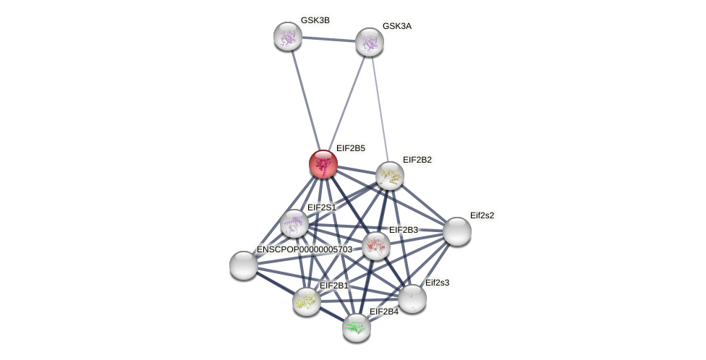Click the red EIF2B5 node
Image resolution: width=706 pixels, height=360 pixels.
323,164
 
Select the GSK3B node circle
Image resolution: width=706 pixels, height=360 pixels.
287,36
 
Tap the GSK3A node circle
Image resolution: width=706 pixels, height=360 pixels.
369,42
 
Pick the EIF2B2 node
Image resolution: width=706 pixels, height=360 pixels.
389,175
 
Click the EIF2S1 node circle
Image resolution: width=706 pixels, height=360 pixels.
294,223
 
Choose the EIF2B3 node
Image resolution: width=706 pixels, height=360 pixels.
375,246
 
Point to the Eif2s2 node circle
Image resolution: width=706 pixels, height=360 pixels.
456,231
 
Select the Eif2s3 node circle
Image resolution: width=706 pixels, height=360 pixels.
412,298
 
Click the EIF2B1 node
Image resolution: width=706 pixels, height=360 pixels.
307,301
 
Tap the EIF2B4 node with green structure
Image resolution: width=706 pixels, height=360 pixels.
356,327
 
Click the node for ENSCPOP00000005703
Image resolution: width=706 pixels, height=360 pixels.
244,265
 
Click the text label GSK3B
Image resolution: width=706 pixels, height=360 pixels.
315,20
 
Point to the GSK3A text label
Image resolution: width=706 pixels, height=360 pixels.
396,26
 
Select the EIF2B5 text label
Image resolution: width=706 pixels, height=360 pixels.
350,148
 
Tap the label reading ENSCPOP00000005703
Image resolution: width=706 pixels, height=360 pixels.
304,249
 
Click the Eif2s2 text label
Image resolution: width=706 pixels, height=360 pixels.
482,215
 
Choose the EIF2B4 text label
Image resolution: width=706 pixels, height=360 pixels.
383,312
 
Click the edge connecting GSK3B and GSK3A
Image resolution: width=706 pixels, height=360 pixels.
328,39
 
